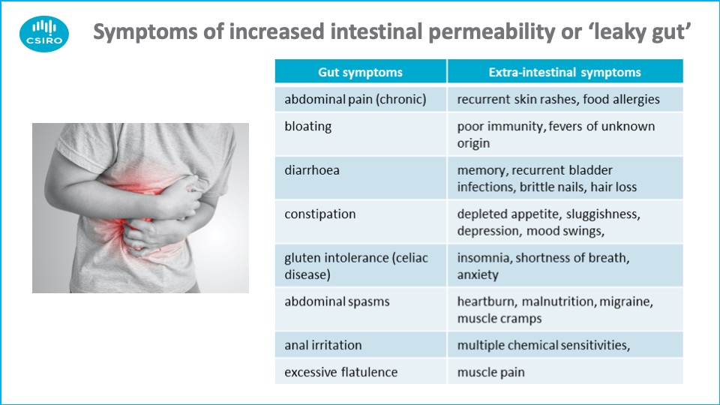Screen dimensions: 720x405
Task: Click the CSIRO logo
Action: coord(44,34)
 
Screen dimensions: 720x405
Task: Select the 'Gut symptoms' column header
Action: coord(361,72)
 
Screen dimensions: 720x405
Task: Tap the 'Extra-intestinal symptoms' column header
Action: coord(565,72)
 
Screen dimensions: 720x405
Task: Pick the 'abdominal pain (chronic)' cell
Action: coord(361,99)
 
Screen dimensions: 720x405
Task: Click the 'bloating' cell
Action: coord(361,134)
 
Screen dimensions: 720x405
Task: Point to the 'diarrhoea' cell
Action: coord(361,178)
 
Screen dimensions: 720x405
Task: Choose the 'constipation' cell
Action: coord(361,222)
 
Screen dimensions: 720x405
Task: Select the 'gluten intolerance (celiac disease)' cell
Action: coord(361,265)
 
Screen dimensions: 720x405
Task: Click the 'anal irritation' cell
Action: coord(361,345)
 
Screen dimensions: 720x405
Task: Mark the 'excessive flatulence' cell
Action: coord(361,371)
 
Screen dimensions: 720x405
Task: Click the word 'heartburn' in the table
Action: coord(487,301)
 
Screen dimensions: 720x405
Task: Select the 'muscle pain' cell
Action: coord(565,371)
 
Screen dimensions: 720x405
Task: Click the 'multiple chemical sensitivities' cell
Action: coord(565,345)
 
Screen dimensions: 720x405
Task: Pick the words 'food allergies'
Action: coord(621,99)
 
